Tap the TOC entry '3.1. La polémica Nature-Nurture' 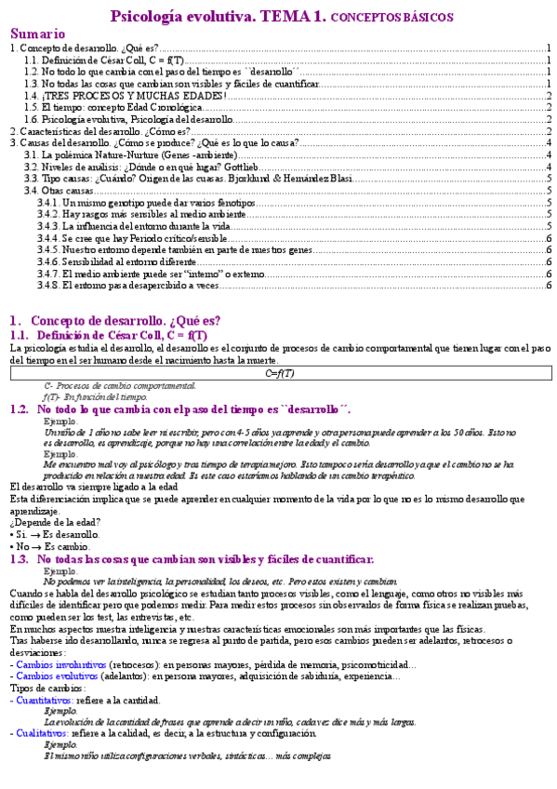[x=131, y=154]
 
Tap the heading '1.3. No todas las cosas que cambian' [x=205, y=559]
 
